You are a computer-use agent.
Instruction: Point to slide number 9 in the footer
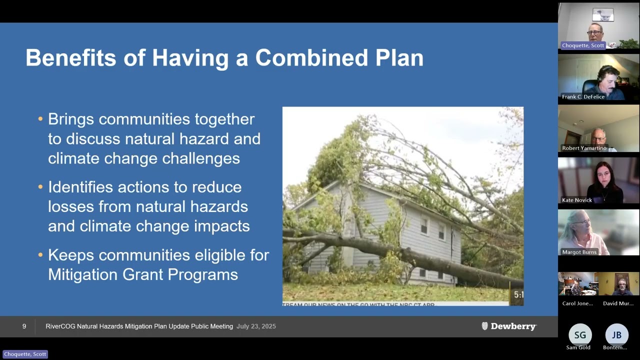[24, 326]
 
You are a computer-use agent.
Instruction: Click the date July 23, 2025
[256, 326]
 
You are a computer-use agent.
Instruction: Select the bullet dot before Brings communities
[40, 119]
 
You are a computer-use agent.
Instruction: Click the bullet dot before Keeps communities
[40, 255]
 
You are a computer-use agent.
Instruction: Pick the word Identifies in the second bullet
[80, 187]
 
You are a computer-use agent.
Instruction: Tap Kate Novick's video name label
[576, 200]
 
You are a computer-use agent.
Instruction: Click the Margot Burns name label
[579, 252]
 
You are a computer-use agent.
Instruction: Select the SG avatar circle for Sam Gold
[579, 335]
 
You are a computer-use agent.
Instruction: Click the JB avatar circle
[616, 335]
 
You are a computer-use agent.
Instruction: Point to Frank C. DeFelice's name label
[583, 96]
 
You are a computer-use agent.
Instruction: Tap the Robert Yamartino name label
[584, 148]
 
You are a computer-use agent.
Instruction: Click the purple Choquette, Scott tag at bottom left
[25, 354]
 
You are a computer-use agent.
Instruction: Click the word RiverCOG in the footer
[59, 326]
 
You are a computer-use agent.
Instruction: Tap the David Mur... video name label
[618, 303]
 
